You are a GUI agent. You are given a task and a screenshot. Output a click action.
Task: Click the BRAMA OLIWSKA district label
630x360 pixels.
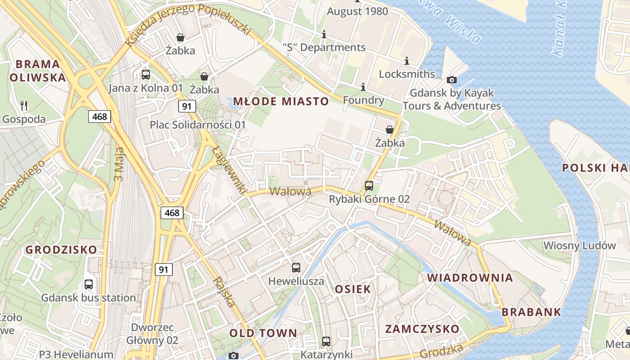tap(38, 71)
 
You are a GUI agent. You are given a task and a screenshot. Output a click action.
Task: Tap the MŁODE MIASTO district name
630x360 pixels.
tap(281, 101)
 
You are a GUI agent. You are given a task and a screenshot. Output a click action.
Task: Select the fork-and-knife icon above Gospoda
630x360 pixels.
tap(24, 106)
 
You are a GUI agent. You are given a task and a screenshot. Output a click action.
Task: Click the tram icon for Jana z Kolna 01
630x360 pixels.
tap(145, 75)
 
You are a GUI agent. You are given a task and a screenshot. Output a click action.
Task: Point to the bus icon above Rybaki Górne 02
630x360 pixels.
tap(369, 185)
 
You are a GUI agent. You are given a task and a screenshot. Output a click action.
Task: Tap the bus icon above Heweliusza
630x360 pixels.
tap(296, 268)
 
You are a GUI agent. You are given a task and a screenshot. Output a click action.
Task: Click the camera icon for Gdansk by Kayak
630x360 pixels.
tap(451, 80)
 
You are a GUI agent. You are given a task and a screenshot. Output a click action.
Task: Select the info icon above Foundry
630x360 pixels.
tap(363, 87)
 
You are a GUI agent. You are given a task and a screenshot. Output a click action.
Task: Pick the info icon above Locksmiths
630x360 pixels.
tap(407, 61)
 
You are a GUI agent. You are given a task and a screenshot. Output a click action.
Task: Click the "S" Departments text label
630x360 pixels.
tap(324, 47)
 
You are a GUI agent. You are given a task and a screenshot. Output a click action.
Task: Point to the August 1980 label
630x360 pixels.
tap(357, 11)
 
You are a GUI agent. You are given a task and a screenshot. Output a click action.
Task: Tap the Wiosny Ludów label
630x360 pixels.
tap(580, 246)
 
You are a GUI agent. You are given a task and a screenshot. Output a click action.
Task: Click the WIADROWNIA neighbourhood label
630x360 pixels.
tap(470, 278)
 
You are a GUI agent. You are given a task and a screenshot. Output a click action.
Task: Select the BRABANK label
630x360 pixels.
tap(531, 312)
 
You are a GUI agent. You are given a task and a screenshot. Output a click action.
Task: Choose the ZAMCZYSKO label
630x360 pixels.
tap(422, 329)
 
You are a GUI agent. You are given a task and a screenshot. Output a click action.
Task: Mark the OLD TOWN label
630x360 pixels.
tap(263, 333)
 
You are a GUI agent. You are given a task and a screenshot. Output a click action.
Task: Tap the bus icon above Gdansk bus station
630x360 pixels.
tap(89, 284)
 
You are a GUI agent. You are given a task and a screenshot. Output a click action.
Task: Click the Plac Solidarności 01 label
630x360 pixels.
tap(198, 125)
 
